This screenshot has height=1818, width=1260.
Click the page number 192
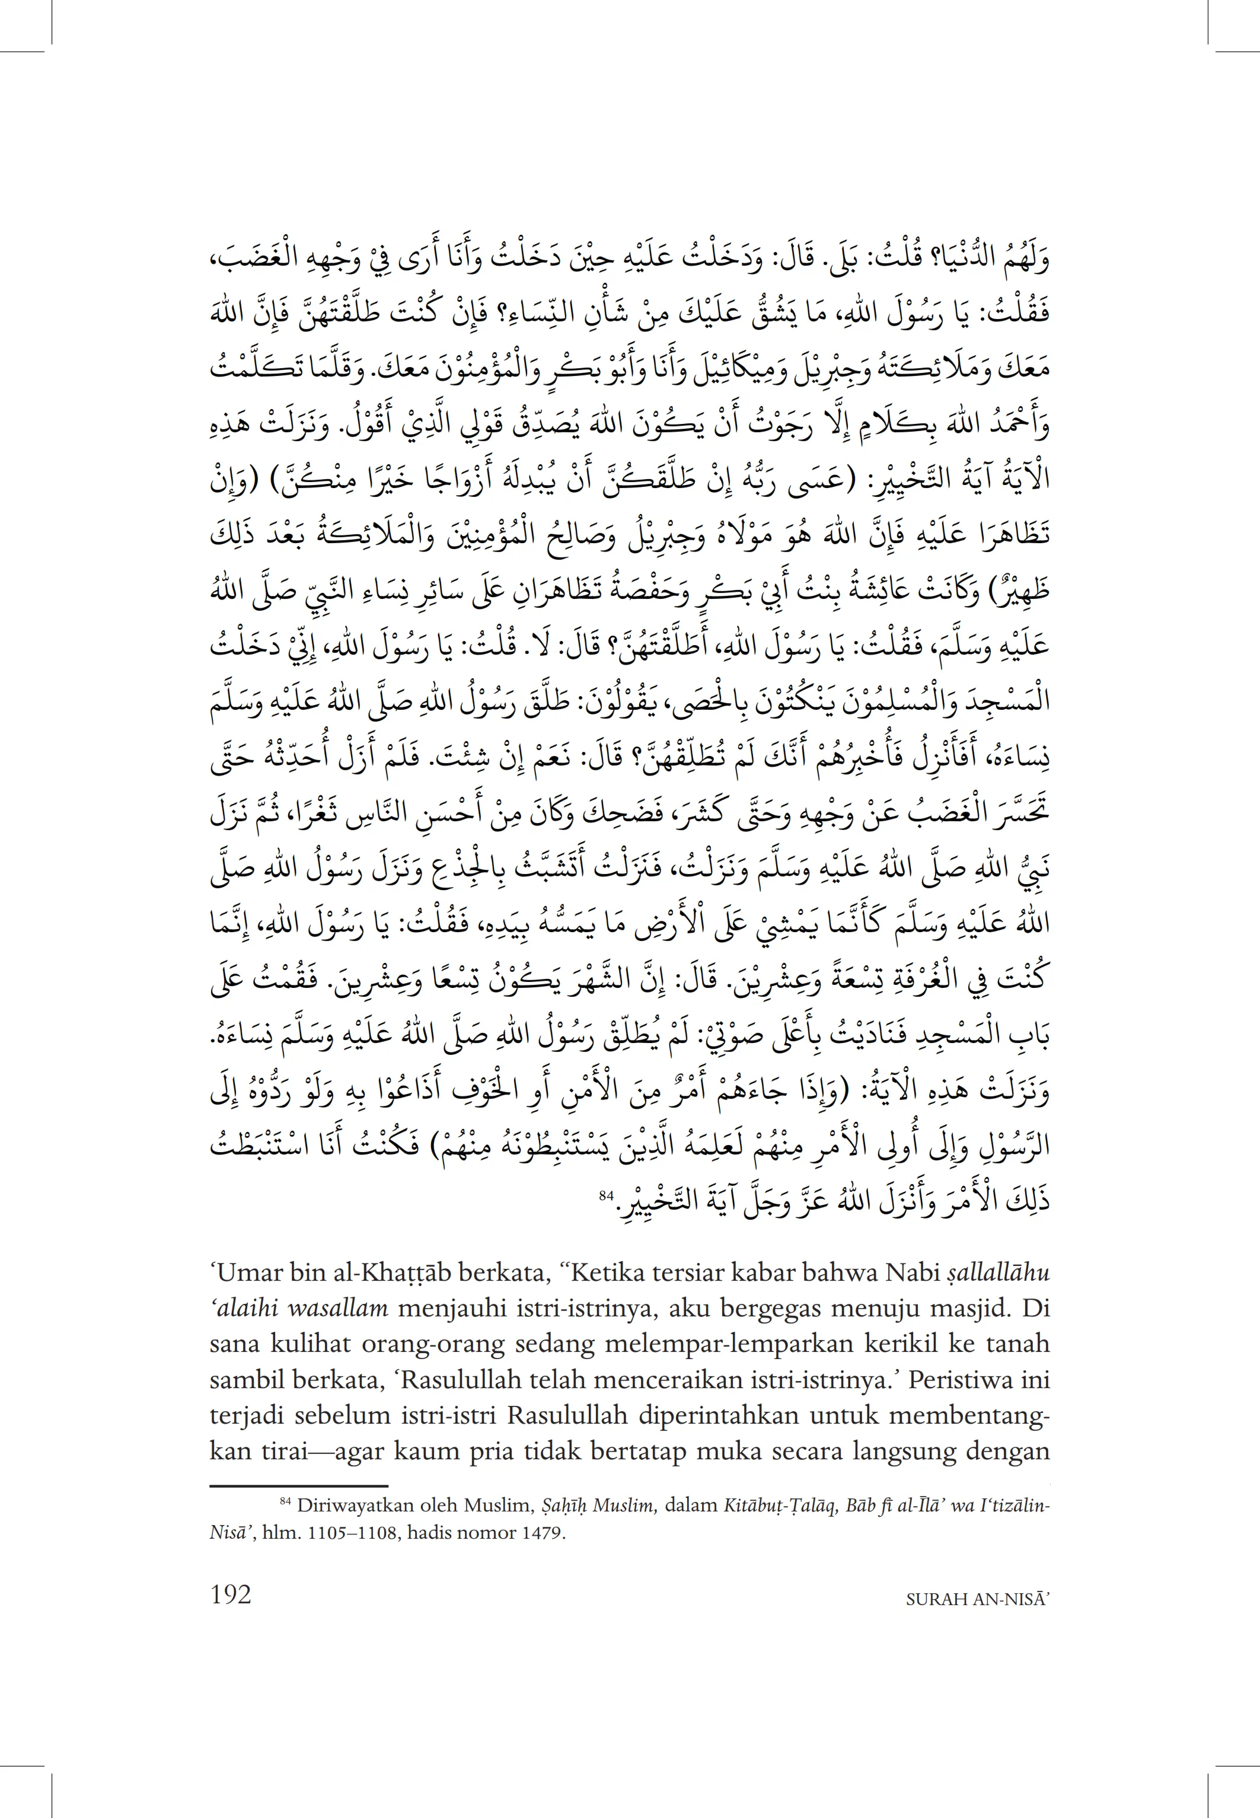coord(231,1596)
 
